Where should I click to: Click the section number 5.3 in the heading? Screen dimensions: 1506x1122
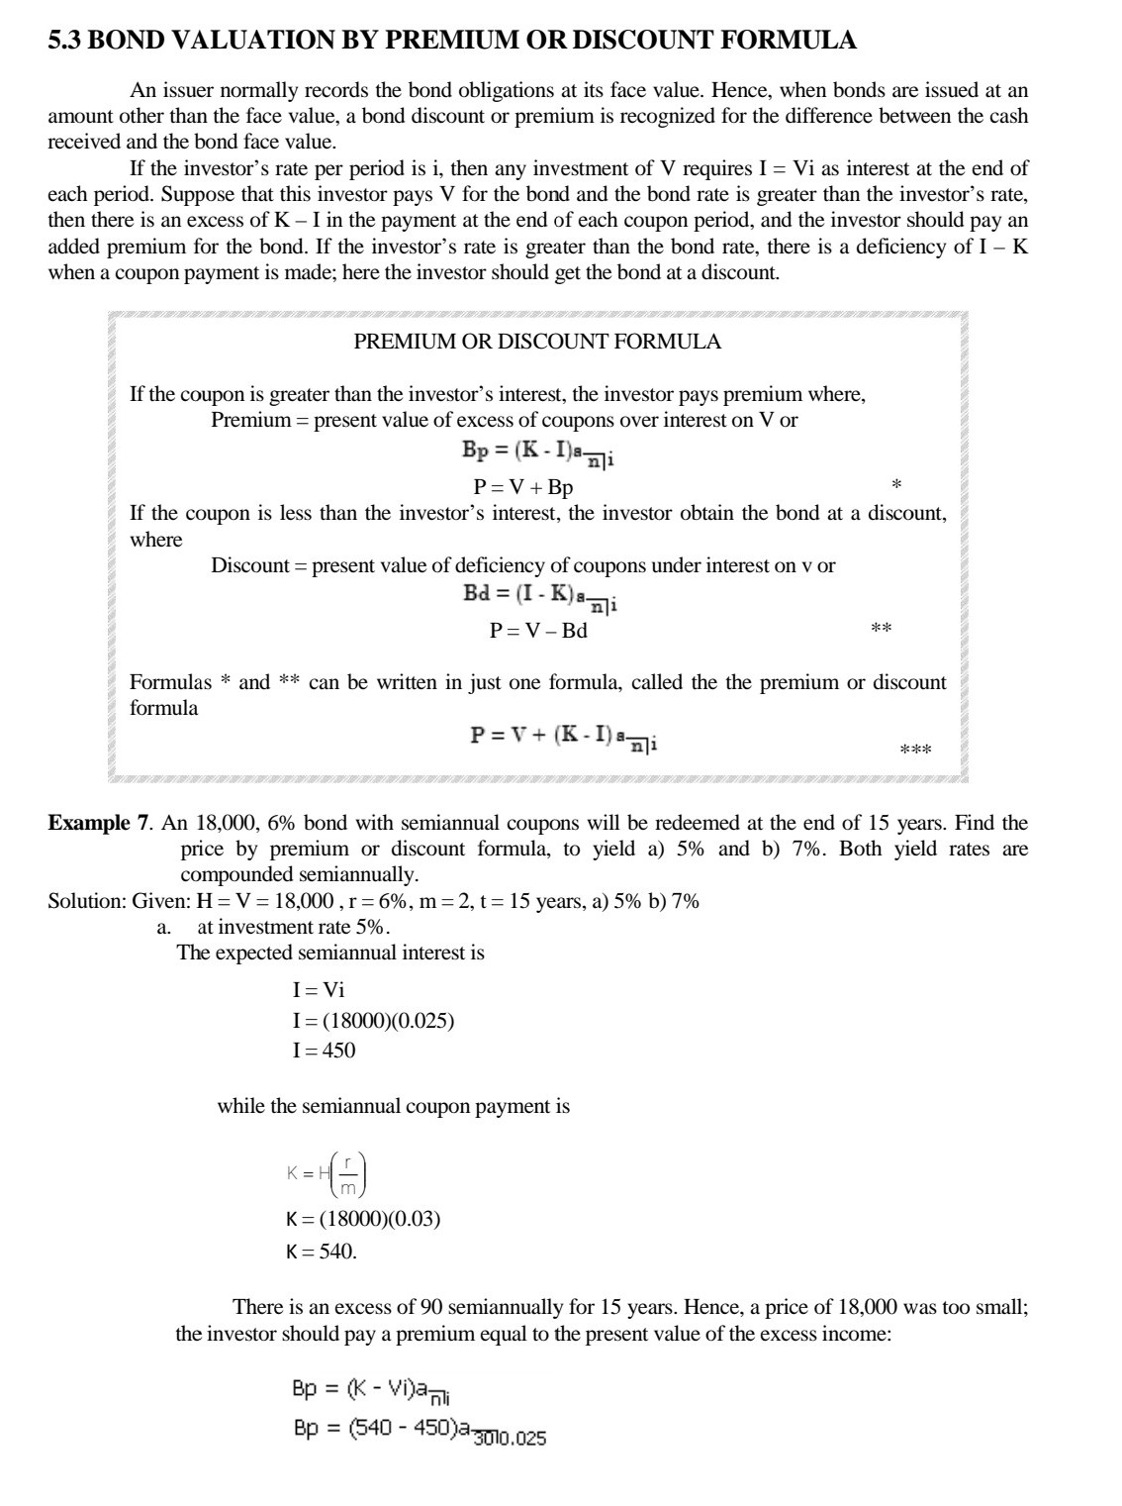(x=67, y=41)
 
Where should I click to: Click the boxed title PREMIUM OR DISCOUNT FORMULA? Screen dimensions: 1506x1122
(x=537, y=343)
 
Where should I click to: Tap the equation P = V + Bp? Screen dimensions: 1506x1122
(x=523, y=487)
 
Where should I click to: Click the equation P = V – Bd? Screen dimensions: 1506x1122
(x=538, y=631)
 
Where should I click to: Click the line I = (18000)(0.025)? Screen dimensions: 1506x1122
(x=373, y=1021)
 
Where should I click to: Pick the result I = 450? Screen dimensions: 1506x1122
(x=324, y=1051)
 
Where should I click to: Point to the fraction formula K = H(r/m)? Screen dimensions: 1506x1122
(x=327, y=1173)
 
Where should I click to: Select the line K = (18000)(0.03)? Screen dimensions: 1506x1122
(x=363, y=1219)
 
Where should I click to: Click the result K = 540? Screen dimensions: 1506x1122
(x=322, y=1252)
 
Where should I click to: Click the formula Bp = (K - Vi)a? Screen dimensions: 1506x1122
(x=373, y=1390)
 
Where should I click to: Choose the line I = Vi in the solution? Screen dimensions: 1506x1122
(x=319, y=990)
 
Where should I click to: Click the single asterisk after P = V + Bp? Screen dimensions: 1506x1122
(x=896, y=485)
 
